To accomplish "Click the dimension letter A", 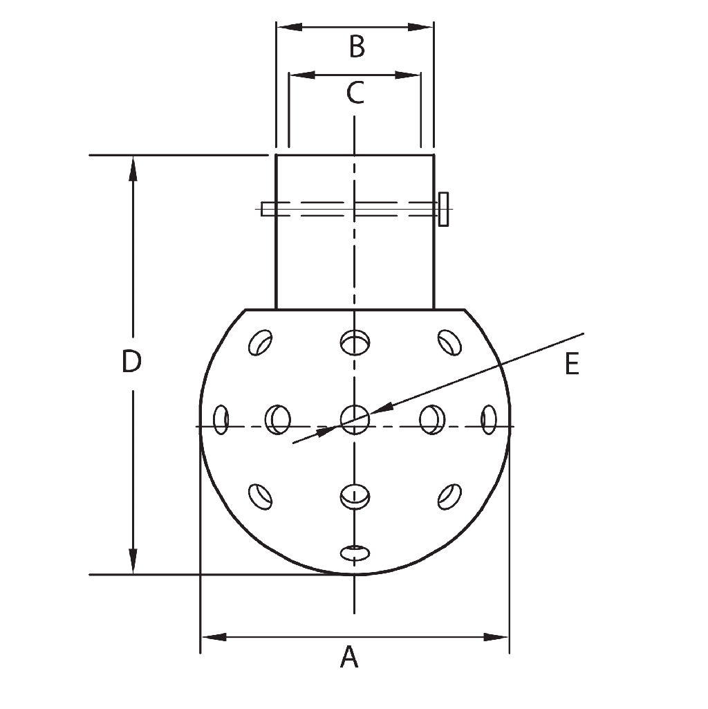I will [x=350, y=657].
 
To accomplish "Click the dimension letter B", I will [x=356, y=47].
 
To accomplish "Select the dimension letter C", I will [x=355, y=93].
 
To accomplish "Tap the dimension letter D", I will [x=131, y=362].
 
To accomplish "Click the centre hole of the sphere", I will [x=355, y=419].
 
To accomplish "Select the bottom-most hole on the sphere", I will [x=355, y=552].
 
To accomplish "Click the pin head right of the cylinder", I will [x=444, y=208].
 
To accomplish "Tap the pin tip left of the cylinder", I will [x=266, y=208].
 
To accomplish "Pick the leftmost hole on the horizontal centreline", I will [x=221, y=419].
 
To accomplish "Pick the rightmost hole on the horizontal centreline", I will [x=489, y=419].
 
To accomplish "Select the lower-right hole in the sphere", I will [x=449, y=495].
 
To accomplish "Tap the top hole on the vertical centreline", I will [x=355, y=342].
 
